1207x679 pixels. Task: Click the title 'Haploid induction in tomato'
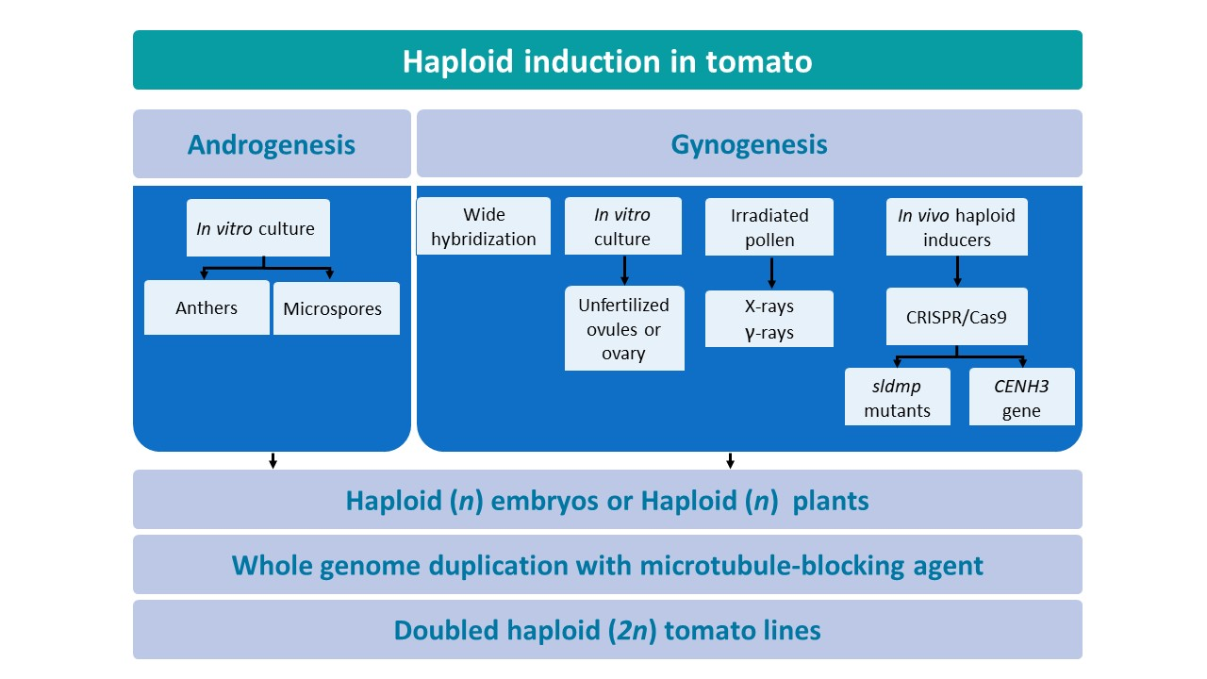pyautogui.click(x=606, y=61)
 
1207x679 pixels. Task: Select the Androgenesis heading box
pyautogui.click(x=272, y=144)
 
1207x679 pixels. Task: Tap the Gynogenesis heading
pyautogui.click(x=749, y=144)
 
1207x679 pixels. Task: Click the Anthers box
pyautogui.click(x=207, y=307)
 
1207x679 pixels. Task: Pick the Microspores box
pyautogui.click(x=336, y=308)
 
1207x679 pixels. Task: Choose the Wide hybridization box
pyautogui.click(x=483, y=226)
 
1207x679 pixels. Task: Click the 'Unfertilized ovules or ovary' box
pyautogui.click(x=623, y=329)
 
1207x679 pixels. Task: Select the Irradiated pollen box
pyautogui.click(x=769, y=226)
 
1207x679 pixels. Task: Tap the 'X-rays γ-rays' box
pyautogui.click(x=769, y=319)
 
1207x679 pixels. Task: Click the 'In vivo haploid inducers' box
pyautogui.click(x=956, y=226)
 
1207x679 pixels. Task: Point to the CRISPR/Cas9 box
pyautogui.click(x=956, y=317)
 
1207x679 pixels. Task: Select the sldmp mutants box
pyautogui.click(x=897, y=397)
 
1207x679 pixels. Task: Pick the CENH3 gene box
pyautogui.click(x=1021, y=397)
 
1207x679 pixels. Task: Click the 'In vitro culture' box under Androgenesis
pyautogui.click(x=257, y=228)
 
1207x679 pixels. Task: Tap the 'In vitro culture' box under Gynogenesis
pyautogui.click(x=622, y=226)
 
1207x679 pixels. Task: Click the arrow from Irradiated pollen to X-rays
pyautogui.click(x=771, y=272)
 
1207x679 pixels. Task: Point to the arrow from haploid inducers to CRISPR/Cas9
pyautogui.click(x=957, y=271)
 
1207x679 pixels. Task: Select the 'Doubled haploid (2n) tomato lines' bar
pyautogui.click(x=606, y=630)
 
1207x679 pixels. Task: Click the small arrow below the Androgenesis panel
pyautogui.click(x=273, y=460)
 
